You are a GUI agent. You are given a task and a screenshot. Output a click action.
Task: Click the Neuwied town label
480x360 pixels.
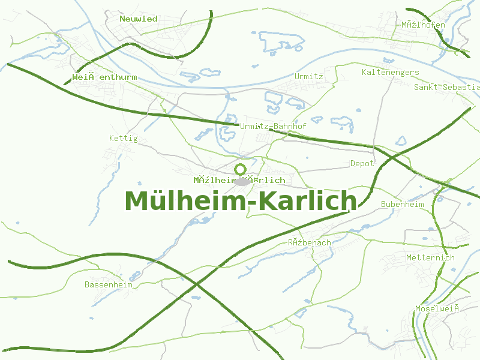point(138,19)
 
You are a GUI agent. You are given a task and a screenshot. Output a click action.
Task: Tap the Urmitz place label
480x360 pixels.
point(308,76)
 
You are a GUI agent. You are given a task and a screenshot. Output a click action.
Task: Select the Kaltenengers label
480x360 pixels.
point(390,72)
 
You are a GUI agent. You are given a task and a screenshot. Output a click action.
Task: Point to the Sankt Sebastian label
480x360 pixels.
point(447,87)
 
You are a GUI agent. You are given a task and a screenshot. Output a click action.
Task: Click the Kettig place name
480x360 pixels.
point(123,138)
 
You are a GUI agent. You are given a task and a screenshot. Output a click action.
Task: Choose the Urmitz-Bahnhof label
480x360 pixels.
point(273,126)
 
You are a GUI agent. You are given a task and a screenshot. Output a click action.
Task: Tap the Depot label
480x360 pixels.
point(362,163)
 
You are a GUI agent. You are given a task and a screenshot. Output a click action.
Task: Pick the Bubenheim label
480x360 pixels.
point(402,204)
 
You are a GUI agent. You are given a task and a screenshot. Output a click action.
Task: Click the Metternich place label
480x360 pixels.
point(430,257)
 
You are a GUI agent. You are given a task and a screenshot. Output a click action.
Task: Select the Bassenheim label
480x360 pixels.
point(108,284)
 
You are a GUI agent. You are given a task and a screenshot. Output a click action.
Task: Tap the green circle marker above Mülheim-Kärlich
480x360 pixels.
point(241,169)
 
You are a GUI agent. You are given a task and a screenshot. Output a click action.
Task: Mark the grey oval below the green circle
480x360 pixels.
point(242,181)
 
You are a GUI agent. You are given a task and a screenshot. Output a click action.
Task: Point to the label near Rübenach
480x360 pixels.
point(309,242)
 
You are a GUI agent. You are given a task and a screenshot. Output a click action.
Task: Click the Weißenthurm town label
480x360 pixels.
point(104,77)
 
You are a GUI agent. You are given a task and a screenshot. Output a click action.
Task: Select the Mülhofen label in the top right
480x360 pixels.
point(423,25)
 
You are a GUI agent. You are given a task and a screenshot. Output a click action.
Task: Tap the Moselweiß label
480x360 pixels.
point(437,308)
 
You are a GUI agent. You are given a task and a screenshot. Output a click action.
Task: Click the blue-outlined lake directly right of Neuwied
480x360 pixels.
point(281,40)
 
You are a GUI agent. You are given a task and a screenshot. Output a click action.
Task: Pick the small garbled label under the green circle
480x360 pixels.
point(239,180)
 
